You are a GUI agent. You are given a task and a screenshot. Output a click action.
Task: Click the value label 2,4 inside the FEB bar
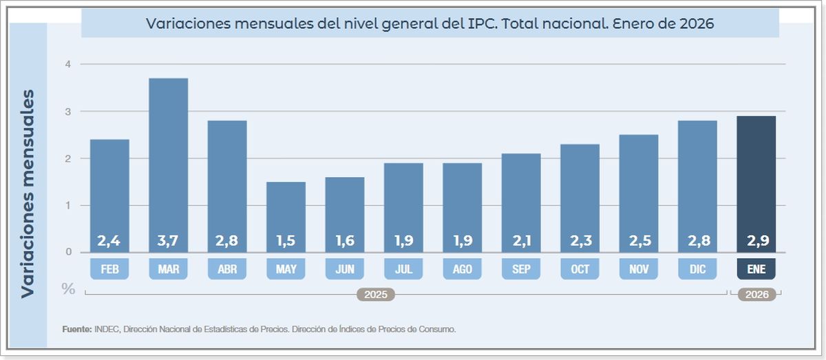109,241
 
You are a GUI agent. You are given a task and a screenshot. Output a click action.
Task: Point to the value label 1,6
345,241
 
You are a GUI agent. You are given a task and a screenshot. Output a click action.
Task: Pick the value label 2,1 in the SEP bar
521,241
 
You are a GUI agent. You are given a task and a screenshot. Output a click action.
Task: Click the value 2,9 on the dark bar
756,241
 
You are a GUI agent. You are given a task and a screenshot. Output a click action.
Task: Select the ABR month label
227,269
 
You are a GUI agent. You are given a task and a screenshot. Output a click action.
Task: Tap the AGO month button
462,269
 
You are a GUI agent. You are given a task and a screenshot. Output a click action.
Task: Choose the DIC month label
697,269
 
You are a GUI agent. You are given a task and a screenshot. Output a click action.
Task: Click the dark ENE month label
756,269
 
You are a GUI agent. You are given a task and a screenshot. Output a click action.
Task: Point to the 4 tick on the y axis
68,64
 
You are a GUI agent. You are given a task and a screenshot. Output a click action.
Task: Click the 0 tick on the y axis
68,252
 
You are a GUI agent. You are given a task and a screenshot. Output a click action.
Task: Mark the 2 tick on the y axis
68,158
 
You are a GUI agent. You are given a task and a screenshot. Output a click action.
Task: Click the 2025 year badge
376,295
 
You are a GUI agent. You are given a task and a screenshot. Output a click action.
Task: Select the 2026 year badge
756,295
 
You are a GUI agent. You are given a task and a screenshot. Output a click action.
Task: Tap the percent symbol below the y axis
68,289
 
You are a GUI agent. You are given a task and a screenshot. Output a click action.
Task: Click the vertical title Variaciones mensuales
28,193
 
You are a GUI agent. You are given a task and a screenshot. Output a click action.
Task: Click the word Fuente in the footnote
76,330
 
